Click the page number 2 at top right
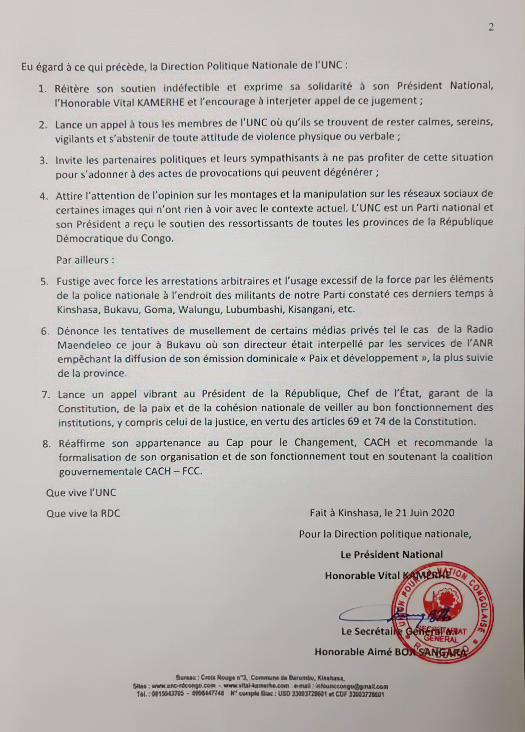[491, 27]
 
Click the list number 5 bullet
[44, 282]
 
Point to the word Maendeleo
[84, 345]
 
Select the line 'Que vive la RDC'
[83, 514]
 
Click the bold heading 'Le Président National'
[392, 554]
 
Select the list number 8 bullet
[47, 444]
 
